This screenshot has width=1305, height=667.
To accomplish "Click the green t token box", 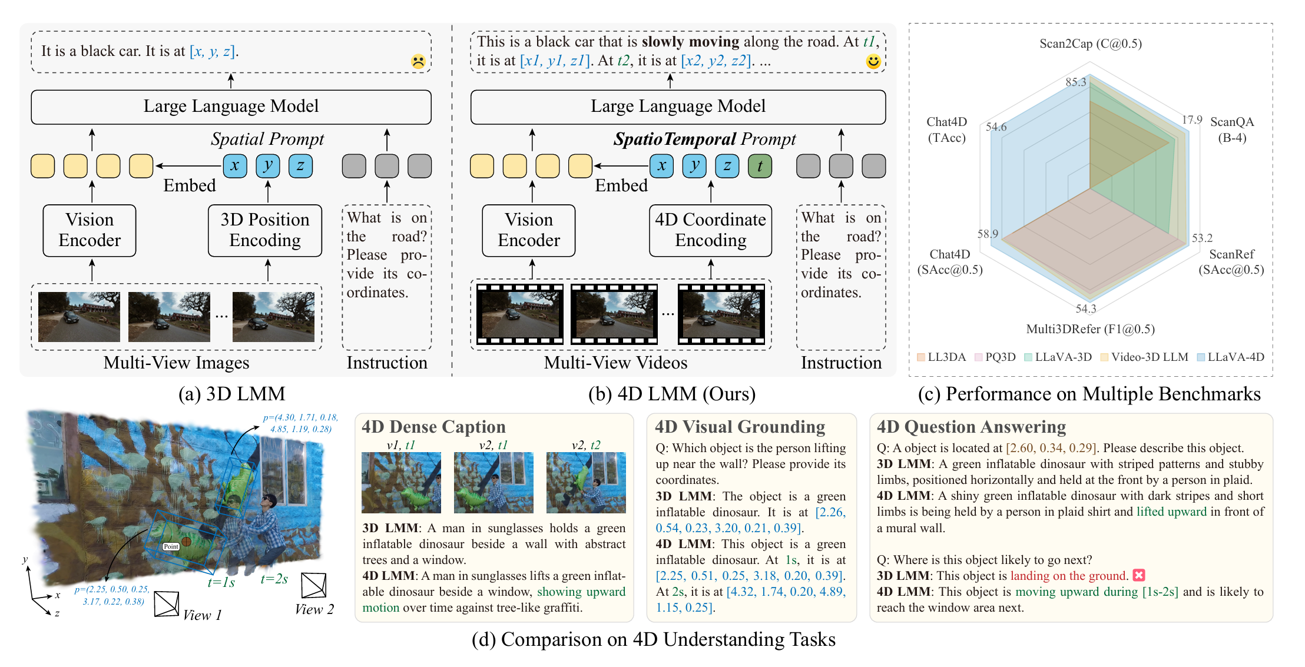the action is [x=760, y=166].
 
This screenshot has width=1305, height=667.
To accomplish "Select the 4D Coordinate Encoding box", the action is [x=710, y=230].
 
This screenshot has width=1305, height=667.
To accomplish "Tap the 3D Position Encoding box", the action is [x=265, y=230].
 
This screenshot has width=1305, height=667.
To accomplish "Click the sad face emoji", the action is [x=418, y=61].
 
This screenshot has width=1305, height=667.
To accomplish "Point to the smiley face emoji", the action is [x=873, y=61].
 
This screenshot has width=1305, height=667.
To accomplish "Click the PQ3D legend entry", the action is [x=995, y=357].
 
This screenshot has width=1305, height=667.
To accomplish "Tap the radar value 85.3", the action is [x=1075, y=82].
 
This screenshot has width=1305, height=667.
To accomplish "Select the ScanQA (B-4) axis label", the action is [x=1232, y=130].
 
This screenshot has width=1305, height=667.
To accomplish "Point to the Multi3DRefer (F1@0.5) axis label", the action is [x=1090, y=329].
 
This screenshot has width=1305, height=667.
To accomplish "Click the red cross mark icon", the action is [x=1139, y=575].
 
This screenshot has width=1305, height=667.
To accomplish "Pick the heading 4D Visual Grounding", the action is [x=740, y=427].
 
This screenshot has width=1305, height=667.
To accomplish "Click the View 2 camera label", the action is [x=314, y=609].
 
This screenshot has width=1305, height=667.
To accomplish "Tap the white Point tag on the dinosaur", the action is [x=171, y=546].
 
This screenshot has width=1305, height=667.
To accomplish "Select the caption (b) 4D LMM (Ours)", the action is [x=672, y=394].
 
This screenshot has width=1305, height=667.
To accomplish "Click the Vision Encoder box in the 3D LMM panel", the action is [x=90, y=230].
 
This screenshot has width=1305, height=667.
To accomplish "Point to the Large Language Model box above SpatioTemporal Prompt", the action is [x=678, y=107].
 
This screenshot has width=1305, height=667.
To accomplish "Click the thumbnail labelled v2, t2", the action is [x=586, y=483].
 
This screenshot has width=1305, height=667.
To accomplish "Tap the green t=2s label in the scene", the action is [x=274, y=579].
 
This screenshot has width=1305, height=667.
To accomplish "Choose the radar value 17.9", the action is [x=1192, y=120].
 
